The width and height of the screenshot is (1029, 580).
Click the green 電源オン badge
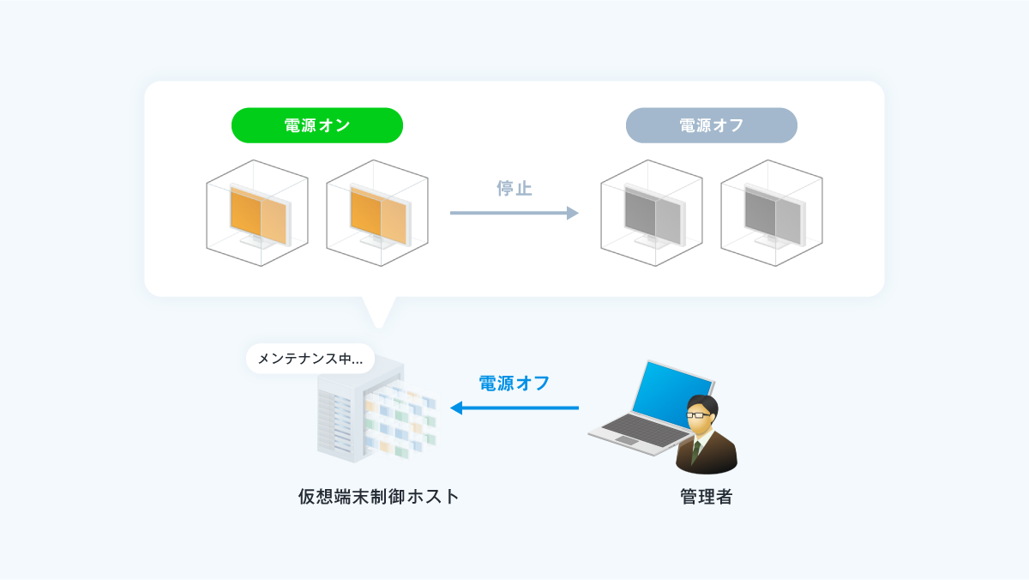click(x=317, y=125)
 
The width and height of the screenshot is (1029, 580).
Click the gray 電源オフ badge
click(x=711, y=125)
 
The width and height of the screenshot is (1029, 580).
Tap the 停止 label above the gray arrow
click(x=514, y=189)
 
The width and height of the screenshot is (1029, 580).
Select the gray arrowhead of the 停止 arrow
click(x=573, y=213)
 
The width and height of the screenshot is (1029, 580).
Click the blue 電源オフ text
click(x=514, y=384)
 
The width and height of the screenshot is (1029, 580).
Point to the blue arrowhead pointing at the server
click(x=456, y=408)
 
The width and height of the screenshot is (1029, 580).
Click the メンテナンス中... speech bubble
click(x=310, y=359)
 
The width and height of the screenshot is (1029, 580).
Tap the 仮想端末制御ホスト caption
click(x=379, y=497)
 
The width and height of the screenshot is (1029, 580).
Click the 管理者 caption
click(x=707, y=497)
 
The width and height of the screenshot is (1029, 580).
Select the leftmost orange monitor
click(x=260, y=216)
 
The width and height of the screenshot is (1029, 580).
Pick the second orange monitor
click(x=381, y=216)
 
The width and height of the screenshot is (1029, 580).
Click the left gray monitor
click(x=654, y=216)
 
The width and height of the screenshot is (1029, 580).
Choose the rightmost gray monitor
click(x=775, y=216)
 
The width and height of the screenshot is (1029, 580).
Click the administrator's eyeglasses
click(x=698, y=415)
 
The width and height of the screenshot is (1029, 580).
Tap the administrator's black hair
click(x=702, y=403)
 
